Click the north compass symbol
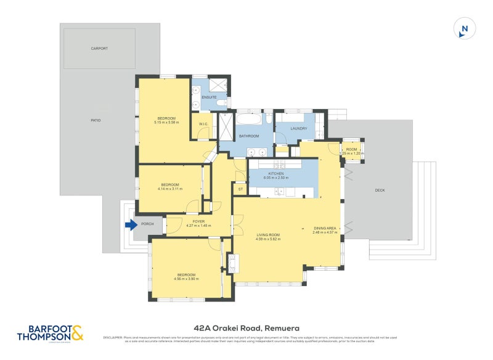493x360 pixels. pyautogui.click(x=465, y=29)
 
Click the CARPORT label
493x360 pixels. pyautogui.click(x=99, y=48)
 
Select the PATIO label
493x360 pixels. pyautogui.click(x=95, y=120)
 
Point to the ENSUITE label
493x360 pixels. pyautogui.click(x=209, y=97)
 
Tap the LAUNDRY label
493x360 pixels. pyautogui.click(x=298, y=128)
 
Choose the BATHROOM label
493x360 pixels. pyautogui.click(x=249, y=136)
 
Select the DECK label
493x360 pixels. pyautogui.click(x=380, y=190)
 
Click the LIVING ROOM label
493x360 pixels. pyautogui.click(x=268, y=234)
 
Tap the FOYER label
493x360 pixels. pyautogui.click(x=198, y=221)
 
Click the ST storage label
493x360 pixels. pyautogui.click(x=240, y=189)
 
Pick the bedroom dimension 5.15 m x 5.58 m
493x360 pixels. pyautogui.click(x=166, y=123)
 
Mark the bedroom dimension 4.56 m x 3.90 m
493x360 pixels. pyautogui.click(x=186, y=279)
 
